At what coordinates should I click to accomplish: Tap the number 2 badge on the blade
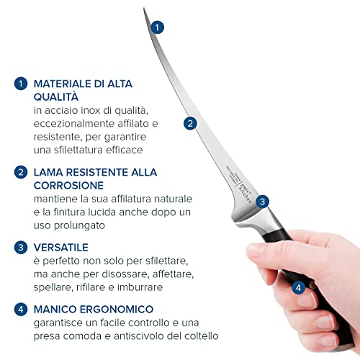click(190, 123)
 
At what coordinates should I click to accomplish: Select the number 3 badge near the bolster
click(263, 202)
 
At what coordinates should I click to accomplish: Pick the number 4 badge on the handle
click(299, 287)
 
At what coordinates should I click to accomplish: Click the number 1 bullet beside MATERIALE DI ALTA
click(20, 84)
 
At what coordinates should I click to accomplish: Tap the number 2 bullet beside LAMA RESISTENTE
click(20, 173)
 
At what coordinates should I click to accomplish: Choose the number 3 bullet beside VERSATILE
click(20, 247)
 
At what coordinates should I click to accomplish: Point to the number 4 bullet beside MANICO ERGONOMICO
click(20, 309)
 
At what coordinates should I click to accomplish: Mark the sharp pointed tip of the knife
click(144, 9)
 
